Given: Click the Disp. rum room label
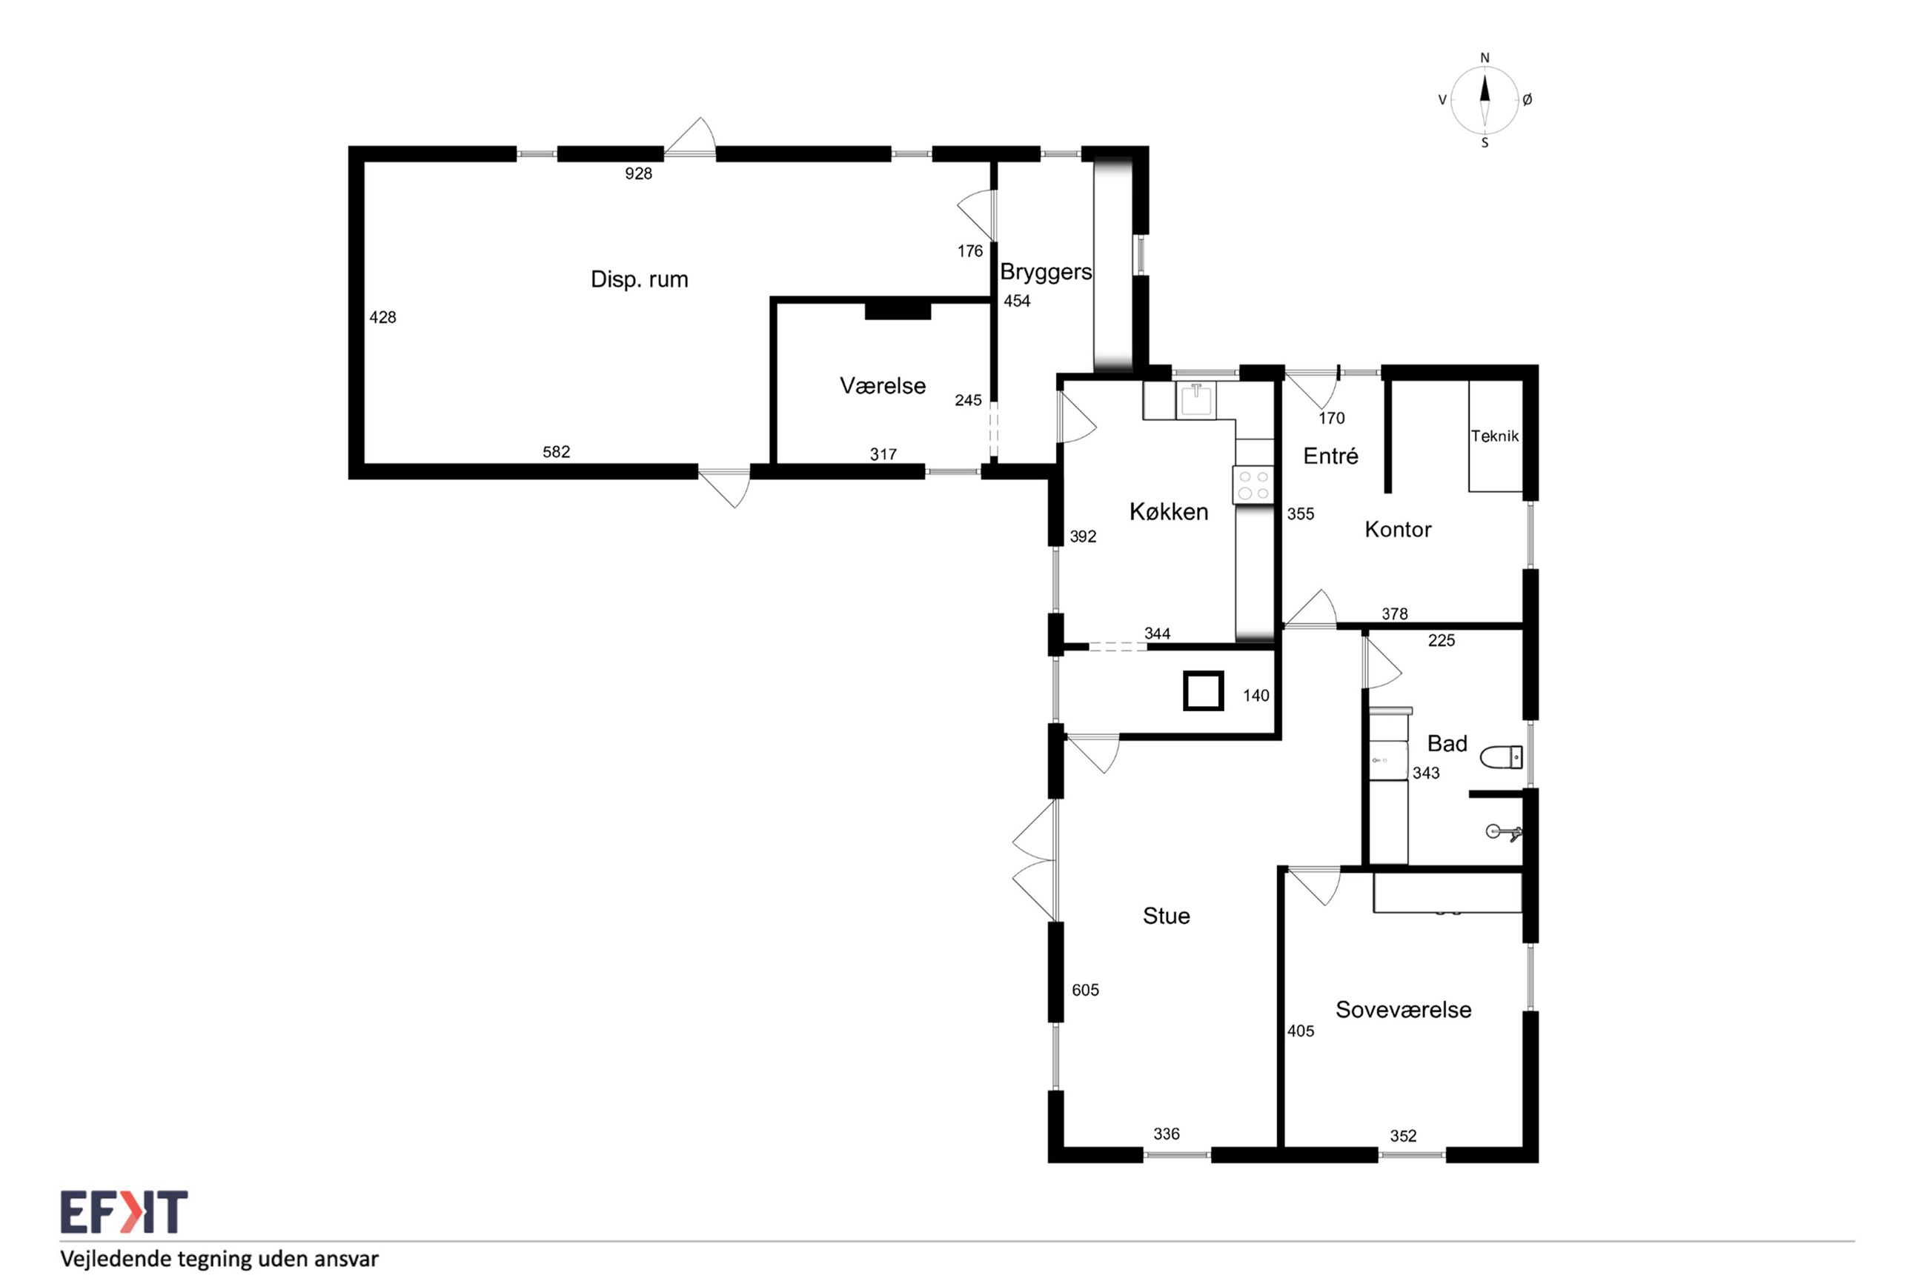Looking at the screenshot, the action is coord(639,279).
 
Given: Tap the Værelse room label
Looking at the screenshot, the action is coord(882,386).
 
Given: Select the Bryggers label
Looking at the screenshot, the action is coord(1046,272).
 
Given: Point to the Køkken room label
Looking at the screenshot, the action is coord(1169,512).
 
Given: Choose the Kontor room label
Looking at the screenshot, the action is coord(1398,529).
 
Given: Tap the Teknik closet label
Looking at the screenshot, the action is coord(1495,436).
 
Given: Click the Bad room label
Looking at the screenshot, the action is coord(1447,744).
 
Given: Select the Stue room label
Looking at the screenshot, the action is coord(1166,916).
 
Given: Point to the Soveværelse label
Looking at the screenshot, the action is coord(1403,1010).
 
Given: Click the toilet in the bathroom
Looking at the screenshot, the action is coord(1501,757).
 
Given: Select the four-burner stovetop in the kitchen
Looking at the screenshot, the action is coord(1253,484).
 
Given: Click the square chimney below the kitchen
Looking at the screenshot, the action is coord(1203,691).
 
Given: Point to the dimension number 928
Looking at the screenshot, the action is coord(638,173).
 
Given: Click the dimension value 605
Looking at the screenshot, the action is coord(1085,990).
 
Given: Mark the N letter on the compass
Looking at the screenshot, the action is coord(1485,58).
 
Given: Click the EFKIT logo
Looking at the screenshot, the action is coord(124,1212).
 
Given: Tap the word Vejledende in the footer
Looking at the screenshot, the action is coord(110,1259).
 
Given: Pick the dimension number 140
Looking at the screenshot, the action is coord(1256,696).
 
